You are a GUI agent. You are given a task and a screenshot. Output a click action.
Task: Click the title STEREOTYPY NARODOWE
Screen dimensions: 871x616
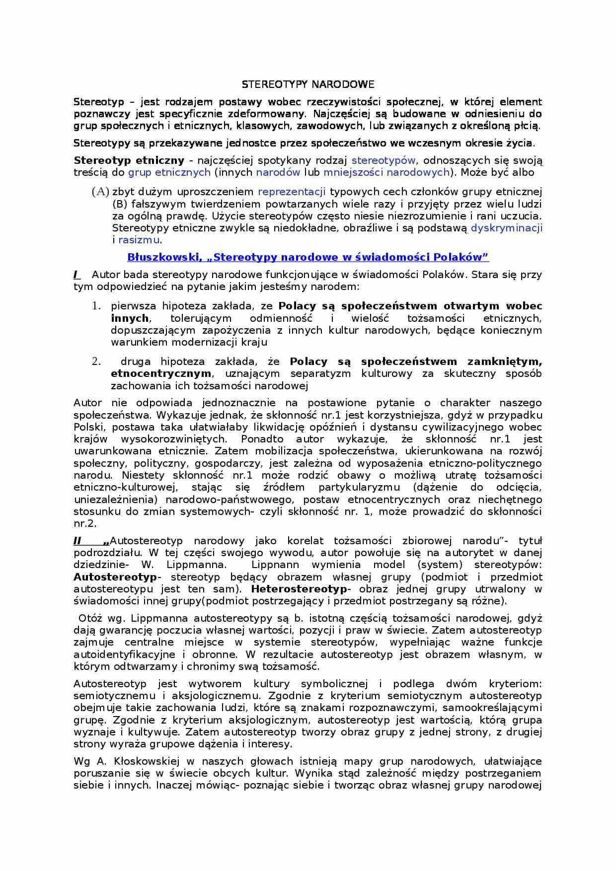click(x=308, y=84)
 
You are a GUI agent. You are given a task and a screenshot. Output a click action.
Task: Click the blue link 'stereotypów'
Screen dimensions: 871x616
click(x=384, y=160)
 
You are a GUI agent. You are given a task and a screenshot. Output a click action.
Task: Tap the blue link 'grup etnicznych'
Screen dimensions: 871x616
click(x=169, y=173)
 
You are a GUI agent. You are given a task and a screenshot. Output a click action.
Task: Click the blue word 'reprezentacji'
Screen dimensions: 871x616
click(x=292, y=192)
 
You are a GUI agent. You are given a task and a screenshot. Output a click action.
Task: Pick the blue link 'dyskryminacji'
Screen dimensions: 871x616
click(x=506, y=228)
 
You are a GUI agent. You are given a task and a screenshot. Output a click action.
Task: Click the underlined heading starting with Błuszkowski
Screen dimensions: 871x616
click(x=308, y=257)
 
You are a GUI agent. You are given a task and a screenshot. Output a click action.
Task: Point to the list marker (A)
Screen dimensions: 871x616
click(x=100, y=192)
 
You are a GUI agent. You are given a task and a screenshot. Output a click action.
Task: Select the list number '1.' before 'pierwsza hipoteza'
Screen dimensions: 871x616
click(x=96, y=306)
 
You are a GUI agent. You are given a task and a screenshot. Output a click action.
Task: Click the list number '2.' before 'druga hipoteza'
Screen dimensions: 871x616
click(x=96, y=362)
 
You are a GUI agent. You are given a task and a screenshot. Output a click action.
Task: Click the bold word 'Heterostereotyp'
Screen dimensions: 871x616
click(x=299, y=589)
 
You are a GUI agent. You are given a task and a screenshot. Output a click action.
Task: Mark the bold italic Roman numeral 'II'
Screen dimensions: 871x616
click(x=77, y=541)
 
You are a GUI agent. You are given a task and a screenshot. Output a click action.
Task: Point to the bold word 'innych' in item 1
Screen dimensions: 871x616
click(x=130, y=318)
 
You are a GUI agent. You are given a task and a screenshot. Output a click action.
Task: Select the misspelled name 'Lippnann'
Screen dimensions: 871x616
click(x=275, y=565)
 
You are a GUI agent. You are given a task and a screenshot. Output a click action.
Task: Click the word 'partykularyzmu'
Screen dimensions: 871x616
click(x=359, y=488)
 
